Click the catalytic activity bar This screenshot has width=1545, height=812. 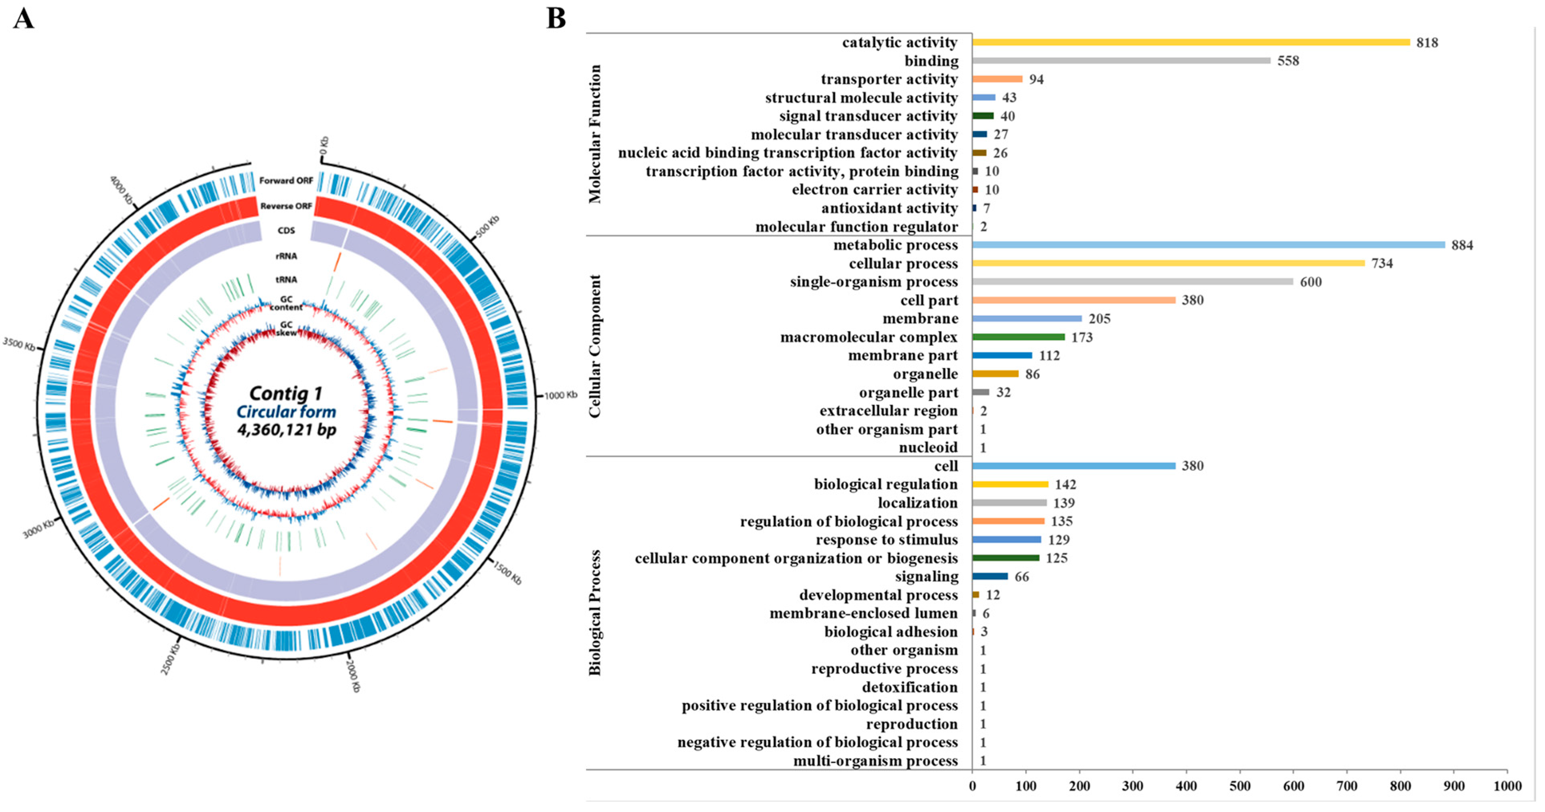pos(1191,42)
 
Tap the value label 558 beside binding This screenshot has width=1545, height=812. pos(1288,61)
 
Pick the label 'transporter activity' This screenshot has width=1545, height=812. pos(889,79)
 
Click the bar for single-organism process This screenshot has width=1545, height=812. pos(1132,281)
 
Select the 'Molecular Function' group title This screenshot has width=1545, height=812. pos(594,134)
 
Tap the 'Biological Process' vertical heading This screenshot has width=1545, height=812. pos(594,612)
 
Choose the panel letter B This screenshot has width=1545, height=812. pos(556,18)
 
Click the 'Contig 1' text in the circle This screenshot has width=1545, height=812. pos(286,393)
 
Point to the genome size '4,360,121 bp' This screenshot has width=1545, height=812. pos(287,429)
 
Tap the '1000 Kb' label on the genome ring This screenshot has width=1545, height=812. pos(560,395)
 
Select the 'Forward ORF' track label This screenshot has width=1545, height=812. pos(286,181)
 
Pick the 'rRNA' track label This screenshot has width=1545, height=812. pos(286,256)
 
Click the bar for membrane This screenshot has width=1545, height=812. pos(1027,318)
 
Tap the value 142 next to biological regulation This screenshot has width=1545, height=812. pos(1065,484)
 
